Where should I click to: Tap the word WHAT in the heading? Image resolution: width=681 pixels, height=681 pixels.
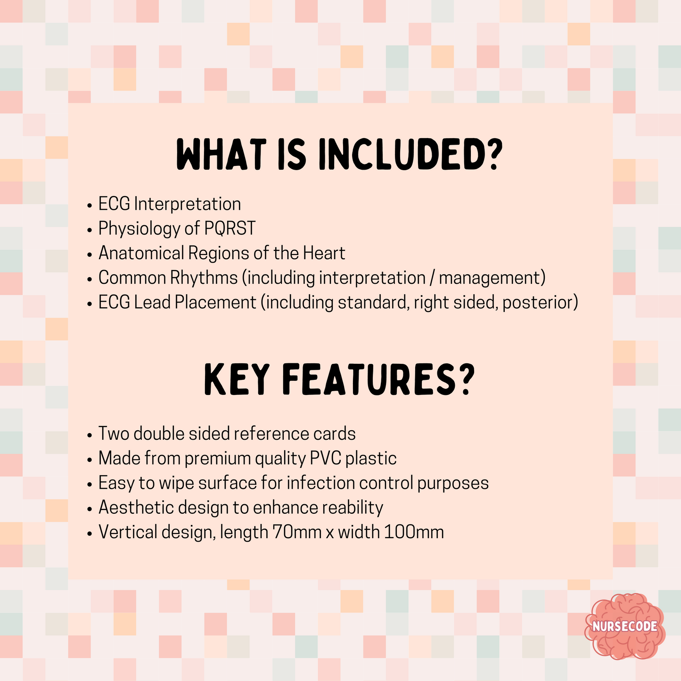pyautogui.click(x=221, y=155)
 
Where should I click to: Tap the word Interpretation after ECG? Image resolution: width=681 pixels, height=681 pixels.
pyautogui.click(x=187, y=204)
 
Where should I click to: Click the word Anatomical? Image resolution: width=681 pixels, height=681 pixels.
pyautogui.click(x=141, y=253)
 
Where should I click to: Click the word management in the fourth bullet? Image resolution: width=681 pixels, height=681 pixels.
pyautogui.click(x=492, y=278)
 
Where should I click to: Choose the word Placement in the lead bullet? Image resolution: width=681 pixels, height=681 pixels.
pyautogui.click(x=215, y=303)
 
